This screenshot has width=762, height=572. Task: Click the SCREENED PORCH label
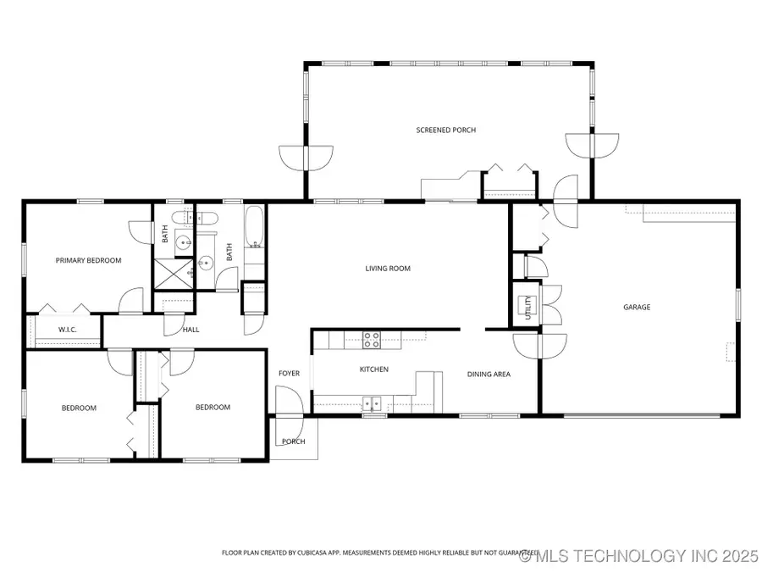tap(445, 130)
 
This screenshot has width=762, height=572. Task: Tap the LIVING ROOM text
tap(388, 269)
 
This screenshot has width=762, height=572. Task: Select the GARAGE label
tap(637, 307)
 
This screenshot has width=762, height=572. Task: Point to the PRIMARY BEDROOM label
tap(88, 260)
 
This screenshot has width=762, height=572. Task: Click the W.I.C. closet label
tap(68, 330)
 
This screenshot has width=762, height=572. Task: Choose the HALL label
tap(191, 330)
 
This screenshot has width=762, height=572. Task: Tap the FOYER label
tap(289, 374)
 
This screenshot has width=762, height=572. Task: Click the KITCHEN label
tap(374, 369)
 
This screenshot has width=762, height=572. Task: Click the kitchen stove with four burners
tap(372, 340)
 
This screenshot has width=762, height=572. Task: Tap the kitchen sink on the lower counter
tap(373, 403)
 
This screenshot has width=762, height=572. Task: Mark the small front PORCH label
tap(293, 441)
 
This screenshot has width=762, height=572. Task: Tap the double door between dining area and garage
tap(540, 344)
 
